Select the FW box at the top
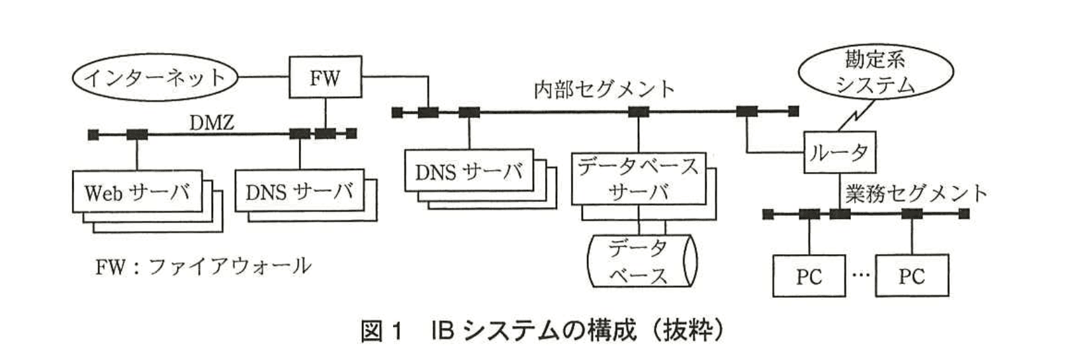tap(326, 77)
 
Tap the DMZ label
tap(212, 122)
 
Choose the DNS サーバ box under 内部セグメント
tap(469, 172)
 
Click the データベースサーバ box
tap(638, 179)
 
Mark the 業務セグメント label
tap(916, 193)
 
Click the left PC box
tap(809, 276)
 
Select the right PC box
tap(911, 276)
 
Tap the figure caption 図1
tap(381, 331)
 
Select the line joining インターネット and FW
tap(263, 78)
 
